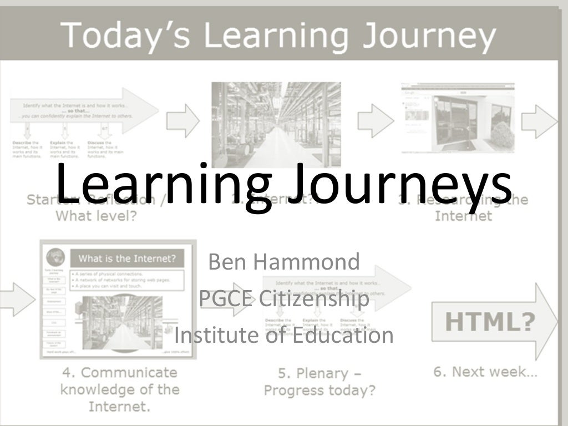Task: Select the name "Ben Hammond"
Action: [284, 261]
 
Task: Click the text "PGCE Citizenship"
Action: [284, 300]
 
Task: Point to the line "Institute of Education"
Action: [284, 335]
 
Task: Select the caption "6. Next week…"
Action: [485, 372]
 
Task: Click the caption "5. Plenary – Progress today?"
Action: [319, 382]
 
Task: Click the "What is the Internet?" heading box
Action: [127, 258]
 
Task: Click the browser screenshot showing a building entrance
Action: [458, 118]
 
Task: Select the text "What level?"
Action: [95, 216]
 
